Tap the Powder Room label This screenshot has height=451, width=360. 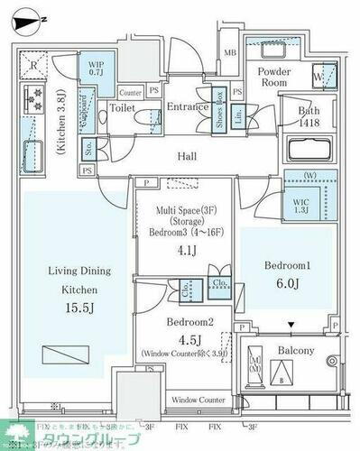click(x=275, y=77)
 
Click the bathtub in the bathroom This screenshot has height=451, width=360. click(x=309, y=149)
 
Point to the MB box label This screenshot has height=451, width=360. click(x=229, y=54)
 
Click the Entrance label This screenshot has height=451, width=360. click(x=189, y=106)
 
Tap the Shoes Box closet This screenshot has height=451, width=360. click(x=219, y=115)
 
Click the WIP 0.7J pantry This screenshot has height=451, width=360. click(x=96, y=69)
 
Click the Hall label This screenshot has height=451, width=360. click(x=187, y=157)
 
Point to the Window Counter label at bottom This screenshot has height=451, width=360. click(x=197, y=399)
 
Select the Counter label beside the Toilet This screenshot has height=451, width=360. click(x=130, y=91)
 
